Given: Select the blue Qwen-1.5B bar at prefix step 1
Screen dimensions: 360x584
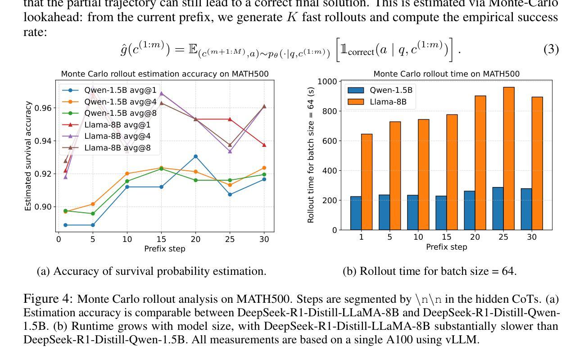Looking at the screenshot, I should pyautogui.click(x=356, y=213).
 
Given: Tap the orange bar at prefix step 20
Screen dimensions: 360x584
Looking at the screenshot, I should pyautogui.click(x=480, y=163).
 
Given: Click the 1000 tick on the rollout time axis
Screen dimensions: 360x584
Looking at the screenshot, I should pyautogui.click(x=327, y=82).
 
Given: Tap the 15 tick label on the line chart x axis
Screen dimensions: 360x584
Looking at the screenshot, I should pyautogui.click(x=161, y=240).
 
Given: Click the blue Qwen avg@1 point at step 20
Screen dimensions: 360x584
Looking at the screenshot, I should pyautogui.click(x=195, y=156).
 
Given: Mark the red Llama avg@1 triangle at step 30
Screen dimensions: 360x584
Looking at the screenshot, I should pyautogui.click(x=264, y=145).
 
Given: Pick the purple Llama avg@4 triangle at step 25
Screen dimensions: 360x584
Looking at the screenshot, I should pyautogui.click(x=230, y=151).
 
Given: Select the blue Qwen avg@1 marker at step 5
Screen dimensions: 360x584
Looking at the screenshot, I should pyautogui.click(x=93, y=225).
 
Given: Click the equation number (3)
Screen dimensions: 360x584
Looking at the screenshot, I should pyautogui.click(x=551, y=49).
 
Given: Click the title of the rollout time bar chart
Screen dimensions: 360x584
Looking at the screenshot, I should pyautogui.click(x=446, y=74).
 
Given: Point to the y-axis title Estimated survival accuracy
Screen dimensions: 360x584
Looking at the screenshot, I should pyautogui.click(x=28, y=156).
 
